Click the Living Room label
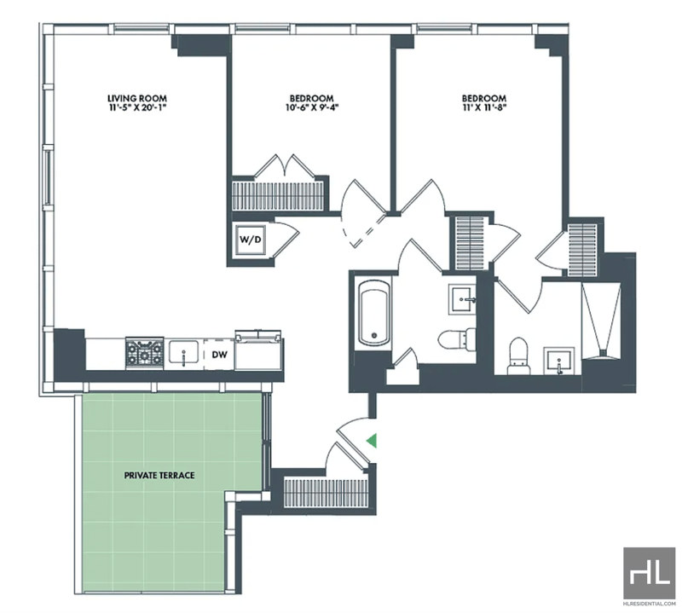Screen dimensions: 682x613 [137, 99]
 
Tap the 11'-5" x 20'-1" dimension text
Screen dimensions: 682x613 [137, 107]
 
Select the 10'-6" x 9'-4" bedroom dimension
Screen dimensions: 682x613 [312, 107]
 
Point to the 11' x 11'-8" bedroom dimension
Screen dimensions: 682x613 [484, 107]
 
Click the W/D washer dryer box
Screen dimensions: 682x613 [251, 240]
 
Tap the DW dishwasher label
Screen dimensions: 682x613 [220, 355]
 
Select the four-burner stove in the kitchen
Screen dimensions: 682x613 [144, 353]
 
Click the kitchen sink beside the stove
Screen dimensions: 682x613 [184, 352]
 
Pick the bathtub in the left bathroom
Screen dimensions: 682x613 [373, 312]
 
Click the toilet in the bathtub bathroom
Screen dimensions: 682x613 [456, 338]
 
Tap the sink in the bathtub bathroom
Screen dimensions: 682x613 [463, 299]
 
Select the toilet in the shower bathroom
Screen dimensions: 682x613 [518, 356]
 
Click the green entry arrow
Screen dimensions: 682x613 [371, 440]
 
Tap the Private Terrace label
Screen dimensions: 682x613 [159, 475]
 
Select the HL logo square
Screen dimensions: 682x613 [650, 573]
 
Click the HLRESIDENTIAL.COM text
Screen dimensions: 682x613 [650, 604]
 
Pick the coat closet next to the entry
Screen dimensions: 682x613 [327, 493]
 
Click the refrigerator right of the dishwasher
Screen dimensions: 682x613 [258, 350]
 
